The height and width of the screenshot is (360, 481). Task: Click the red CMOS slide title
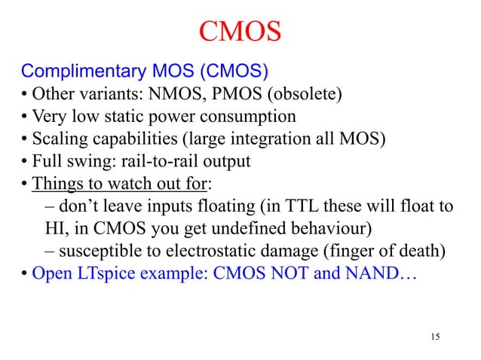tap(240, 32)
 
